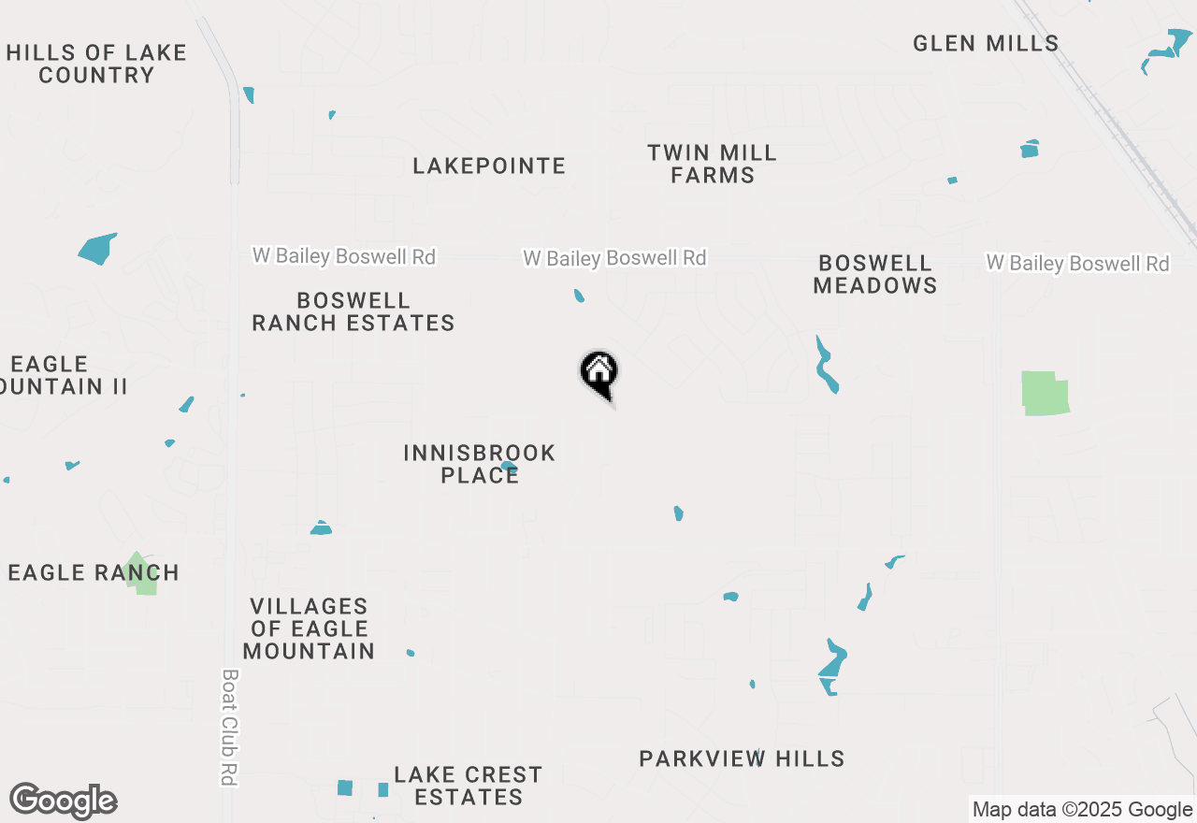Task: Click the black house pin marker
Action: (x=599, y=373)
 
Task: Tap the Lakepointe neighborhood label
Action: (x=489, y=166)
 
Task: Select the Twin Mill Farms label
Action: (x=713, y=164)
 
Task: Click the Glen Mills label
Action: (x=986, y=43)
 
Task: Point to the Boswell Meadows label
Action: (x=874, y=274)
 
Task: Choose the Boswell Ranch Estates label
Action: (x=353, y=311)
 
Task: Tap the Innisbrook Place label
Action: (x=480, y=464)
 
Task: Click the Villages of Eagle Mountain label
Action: (x=309, y=628)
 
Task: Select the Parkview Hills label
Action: (x=742, y=758)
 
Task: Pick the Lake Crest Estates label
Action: (x=468, y=786)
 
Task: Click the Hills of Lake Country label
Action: (x=96, y=64)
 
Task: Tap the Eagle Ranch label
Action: (x=93, y=572)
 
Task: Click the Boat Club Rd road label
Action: (x=228, y=727)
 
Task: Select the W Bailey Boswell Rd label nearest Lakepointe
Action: (x=614, y=258)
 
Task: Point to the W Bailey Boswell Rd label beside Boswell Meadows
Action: (x=1077, y=264)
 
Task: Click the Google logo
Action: (x=63, y=801)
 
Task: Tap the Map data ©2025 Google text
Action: (x=1082, y=810)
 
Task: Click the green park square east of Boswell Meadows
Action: (x=1045, y=393)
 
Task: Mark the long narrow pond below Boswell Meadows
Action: (x=826, y=367)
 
